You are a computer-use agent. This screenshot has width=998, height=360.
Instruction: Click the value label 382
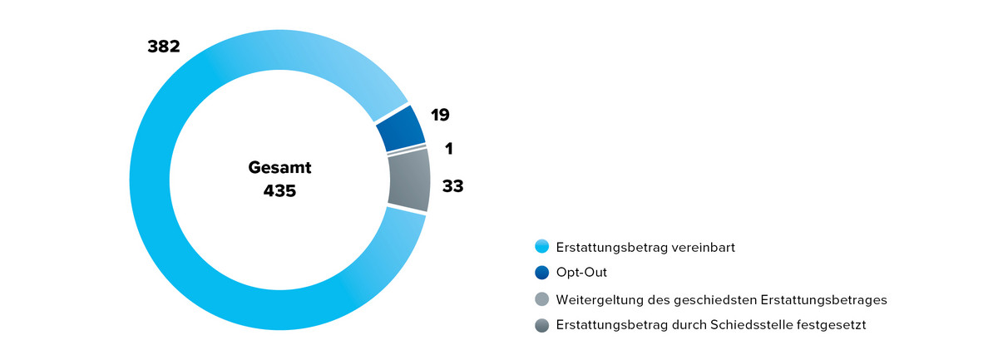pos(163,47)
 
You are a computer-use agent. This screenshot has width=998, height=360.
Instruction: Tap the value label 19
pos(440,115)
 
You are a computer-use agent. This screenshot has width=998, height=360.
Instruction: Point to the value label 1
pos(448,149)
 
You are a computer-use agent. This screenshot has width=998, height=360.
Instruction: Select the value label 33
pos(452,186)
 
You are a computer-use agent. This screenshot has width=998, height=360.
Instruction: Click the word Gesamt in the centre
pos(279,167)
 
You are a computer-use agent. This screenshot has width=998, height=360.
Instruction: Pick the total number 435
pos(279,191)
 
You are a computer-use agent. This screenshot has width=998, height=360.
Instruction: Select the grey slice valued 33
pos(409,180)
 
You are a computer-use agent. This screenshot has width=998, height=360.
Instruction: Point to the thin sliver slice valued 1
pos(408,150)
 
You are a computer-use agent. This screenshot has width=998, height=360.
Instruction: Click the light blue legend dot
pos(542,247)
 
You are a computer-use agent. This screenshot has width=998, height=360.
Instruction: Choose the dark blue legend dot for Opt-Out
pos(542,272)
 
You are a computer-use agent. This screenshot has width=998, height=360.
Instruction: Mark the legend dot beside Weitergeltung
pos(542,299)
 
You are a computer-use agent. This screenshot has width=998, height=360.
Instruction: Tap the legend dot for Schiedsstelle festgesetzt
pos(542,325)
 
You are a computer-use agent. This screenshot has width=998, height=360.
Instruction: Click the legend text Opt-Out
pos(576,272)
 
